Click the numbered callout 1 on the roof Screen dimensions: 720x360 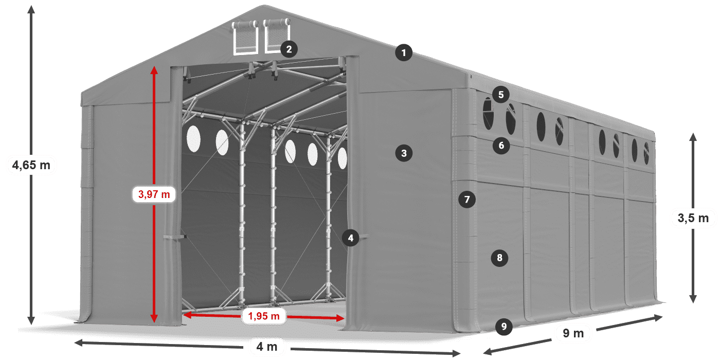[404, 52]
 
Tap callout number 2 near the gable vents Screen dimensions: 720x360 [289, 49]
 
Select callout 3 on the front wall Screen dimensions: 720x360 [404, 153]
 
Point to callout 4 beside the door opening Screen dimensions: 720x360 [350, 238]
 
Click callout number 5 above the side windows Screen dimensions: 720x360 [501, 95]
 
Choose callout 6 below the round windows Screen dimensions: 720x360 [501, 146]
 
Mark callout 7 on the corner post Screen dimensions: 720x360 [467, 200]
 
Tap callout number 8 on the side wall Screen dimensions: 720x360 [499, 258]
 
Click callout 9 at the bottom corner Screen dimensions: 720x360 [503, 327]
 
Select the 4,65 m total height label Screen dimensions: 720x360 [31, 165]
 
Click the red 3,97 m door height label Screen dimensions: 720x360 [154, 194]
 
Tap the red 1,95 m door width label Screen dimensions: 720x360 [264, 316]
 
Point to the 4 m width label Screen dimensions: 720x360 [267, 347]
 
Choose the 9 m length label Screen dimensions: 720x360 [573, 333]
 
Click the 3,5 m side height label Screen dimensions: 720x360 [693, 218]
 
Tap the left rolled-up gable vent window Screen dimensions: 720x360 [245, 37]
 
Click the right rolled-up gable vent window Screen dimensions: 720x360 [276, 35]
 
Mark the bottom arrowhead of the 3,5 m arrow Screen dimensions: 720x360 [693, 299]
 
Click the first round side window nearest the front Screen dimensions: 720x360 [488, 114]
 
